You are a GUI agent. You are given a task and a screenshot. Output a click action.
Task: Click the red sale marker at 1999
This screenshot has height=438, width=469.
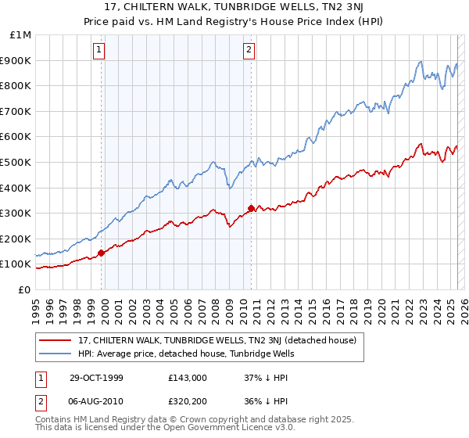(x=102, y=253)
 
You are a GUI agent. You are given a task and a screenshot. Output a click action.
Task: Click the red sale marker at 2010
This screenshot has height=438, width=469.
(x=251, y=208)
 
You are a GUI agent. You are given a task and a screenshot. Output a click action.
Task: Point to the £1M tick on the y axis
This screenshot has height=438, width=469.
(x=21, y=35)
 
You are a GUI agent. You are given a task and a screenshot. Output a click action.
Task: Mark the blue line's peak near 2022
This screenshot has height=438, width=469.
(x=421, y=62)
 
